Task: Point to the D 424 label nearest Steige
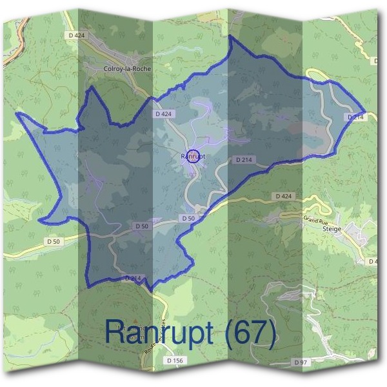click(284, 195)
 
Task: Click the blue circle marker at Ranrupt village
click(193, 156)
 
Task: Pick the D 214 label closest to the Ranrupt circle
click(244, 159)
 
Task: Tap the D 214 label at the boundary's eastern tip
click(355, 117)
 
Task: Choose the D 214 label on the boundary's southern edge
click(133, 278)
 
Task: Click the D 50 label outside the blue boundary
click(54, 241)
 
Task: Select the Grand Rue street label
click(316, 221)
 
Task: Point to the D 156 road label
click(174, 360)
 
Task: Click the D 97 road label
click(301, 362)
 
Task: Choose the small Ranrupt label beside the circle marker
click(193, 155)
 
